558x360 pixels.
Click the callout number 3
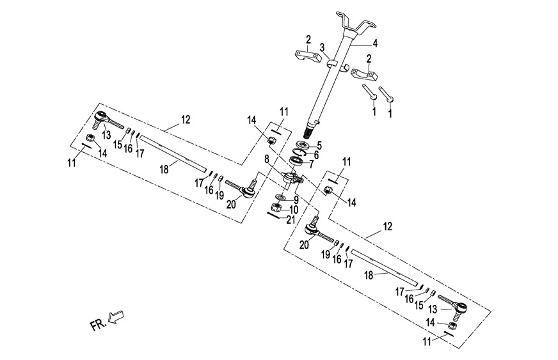323,48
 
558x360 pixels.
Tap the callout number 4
375,44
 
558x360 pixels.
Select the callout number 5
319,145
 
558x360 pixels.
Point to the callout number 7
312,164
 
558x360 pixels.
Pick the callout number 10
294,209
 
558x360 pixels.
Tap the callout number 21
291,219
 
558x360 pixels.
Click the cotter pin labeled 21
275,215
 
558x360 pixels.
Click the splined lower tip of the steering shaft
311,132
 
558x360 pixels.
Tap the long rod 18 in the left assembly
173,154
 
